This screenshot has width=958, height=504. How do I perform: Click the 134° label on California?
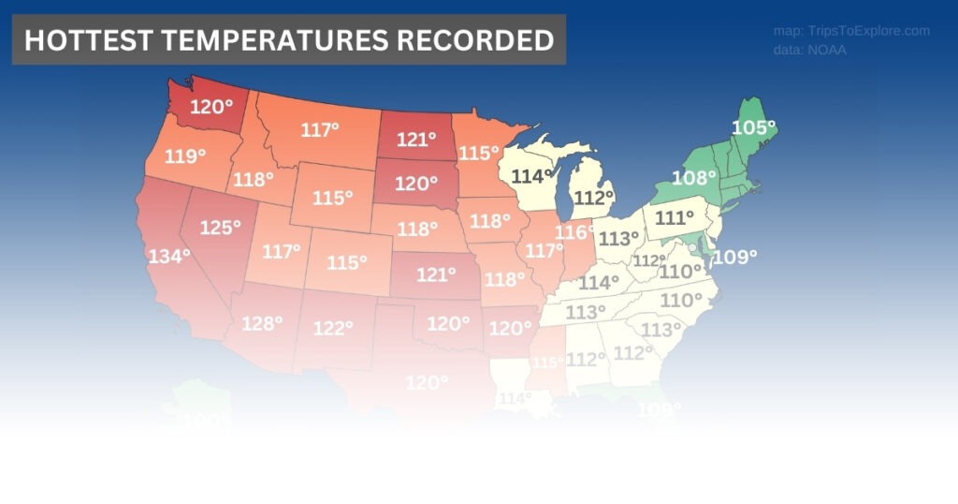168,255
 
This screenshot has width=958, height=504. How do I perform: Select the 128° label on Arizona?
262,323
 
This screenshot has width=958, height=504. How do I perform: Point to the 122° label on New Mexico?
333,328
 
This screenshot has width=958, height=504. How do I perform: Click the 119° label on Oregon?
184,156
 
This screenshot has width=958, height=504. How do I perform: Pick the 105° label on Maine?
754,127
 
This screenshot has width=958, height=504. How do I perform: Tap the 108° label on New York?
694,176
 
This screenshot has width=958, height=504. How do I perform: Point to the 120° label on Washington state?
211,106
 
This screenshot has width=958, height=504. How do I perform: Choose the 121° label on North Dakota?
416,140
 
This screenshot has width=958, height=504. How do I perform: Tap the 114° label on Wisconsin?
531,175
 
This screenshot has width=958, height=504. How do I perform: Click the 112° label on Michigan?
593,197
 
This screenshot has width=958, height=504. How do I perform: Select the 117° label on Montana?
320,129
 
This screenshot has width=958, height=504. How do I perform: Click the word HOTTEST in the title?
81,40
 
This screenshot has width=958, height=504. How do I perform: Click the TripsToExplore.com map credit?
851,31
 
